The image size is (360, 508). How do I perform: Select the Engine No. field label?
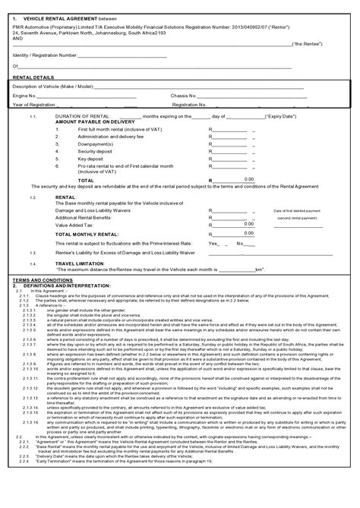coord(24,96)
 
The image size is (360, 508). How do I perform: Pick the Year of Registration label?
coord(34,104)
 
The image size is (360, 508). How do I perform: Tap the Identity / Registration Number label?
coord(45,55)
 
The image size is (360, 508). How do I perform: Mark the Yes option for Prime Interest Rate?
coord(214,243)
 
